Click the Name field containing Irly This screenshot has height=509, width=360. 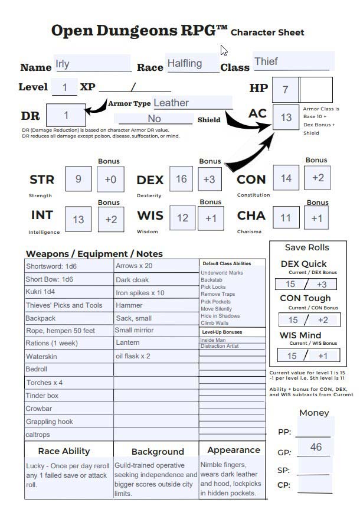click(x=92, y=64)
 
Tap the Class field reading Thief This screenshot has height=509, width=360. click(x=293, y=61)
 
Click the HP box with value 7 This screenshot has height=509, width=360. click(x=286, y=90)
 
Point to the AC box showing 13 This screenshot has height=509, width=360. click(x=286, y=118)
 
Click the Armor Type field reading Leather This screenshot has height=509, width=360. click(x=192, y=103)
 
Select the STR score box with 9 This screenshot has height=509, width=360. click(x=78, y=180)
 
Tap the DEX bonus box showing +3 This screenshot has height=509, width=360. click(x=209, y=180)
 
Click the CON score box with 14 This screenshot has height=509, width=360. click(x=286, y=178)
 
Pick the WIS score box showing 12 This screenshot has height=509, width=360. click(x=183, y=218)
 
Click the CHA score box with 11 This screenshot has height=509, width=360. click(x=286, y=218)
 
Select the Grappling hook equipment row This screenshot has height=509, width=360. click(x=68, y=422)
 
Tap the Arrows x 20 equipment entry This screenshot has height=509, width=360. click(x=156, y=266)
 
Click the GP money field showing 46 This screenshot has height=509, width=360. click(x=316, y=447)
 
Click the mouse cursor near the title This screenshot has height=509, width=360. click(x=224, y=50)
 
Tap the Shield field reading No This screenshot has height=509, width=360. click(x=155, y=119)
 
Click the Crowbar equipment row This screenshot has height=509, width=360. click(x=68, y=409)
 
